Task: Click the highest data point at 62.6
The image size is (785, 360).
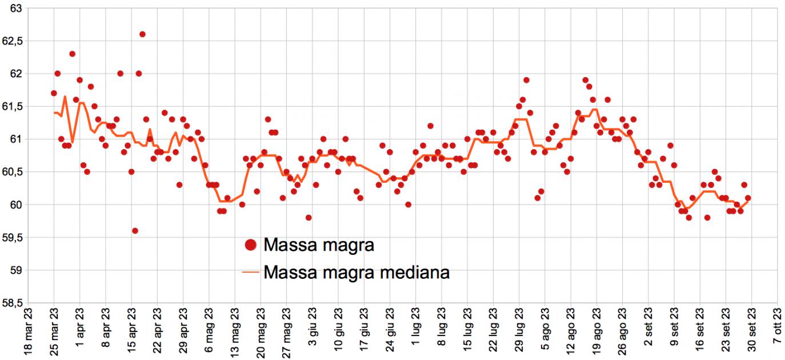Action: pyautogui.click(x=142, y=34)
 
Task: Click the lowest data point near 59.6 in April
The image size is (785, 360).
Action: pyautogui.click(x=135, y=231)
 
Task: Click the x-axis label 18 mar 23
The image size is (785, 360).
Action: pyautogui.click(x=27, y=331)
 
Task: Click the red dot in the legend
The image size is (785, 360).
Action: pyautogui.click(x=250, y=246)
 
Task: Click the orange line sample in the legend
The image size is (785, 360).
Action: pyautogui.click(x=250, y=273)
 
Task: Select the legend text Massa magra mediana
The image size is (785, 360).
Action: pyautogui.click(x=357, y=273)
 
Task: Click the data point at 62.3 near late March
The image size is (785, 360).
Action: pyautogui.click(x=72, y=54)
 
